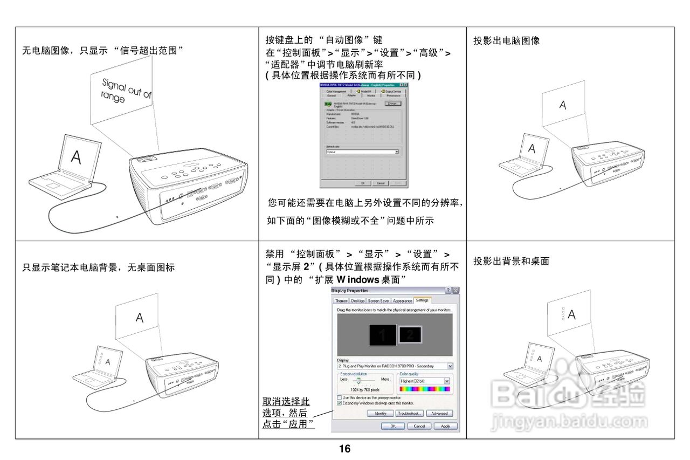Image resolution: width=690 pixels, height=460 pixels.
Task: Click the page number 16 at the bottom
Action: tap(344, 449)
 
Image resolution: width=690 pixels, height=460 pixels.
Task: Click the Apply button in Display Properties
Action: tap(445, 426)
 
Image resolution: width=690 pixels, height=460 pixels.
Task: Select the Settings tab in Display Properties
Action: tap(422, 300)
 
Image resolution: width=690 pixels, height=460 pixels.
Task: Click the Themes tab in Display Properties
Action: tap(341, 301)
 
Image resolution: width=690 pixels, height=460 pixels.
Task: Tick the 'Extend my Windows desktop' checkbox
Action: tap(339, 403)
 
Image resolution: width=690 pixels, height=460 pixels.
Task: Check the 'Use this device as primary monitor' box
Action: tap(339, 397)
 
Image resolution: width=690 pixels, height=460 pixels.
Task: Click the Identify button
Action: tap(380, 414)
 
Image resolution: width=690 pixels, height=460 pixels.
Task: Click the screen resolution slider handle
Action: tap(356, 380)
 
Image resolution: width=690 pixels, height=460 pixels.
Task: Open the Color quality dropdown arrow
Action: tap(447, 381)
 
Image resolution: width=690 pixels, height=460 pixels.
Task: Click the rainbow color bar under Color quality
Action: tap(424, 389)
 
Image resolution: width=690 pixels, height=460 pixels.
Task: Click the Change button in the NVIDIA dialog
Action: tap(394, 104)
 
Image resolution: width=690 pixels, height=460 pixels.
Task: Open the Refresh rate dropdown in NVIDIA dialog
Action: tap(397, 153)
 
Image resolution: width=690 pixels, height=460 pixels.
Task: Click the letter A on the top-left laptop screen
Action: tap(77, 157)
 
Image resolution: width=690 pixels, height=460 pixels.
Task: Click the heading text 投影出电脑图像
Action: tap(506, 40)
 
